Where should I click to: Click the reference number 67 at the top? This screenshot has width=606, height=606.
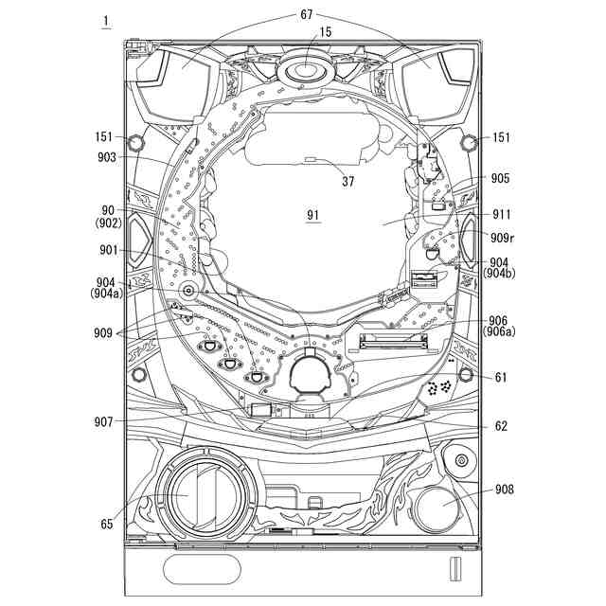306,15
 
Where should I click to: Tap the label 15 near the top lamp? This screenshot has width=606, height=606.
326,32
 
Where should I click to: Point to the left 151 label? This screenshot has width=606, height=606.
103,136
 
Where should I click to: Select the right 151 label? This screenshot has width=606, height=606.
501,137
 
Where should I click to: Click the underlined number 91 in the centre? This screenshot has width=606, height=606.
312,215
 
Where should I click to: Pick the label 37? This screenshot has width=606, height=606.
348,181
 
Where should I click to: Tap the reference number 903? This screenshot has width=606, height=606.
107,157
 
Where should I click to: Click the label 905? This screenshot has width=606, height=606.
501,178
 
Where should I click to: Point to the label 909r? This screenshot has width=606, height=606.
503,238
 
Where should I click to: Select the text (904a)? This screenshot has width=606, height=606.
107,294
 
